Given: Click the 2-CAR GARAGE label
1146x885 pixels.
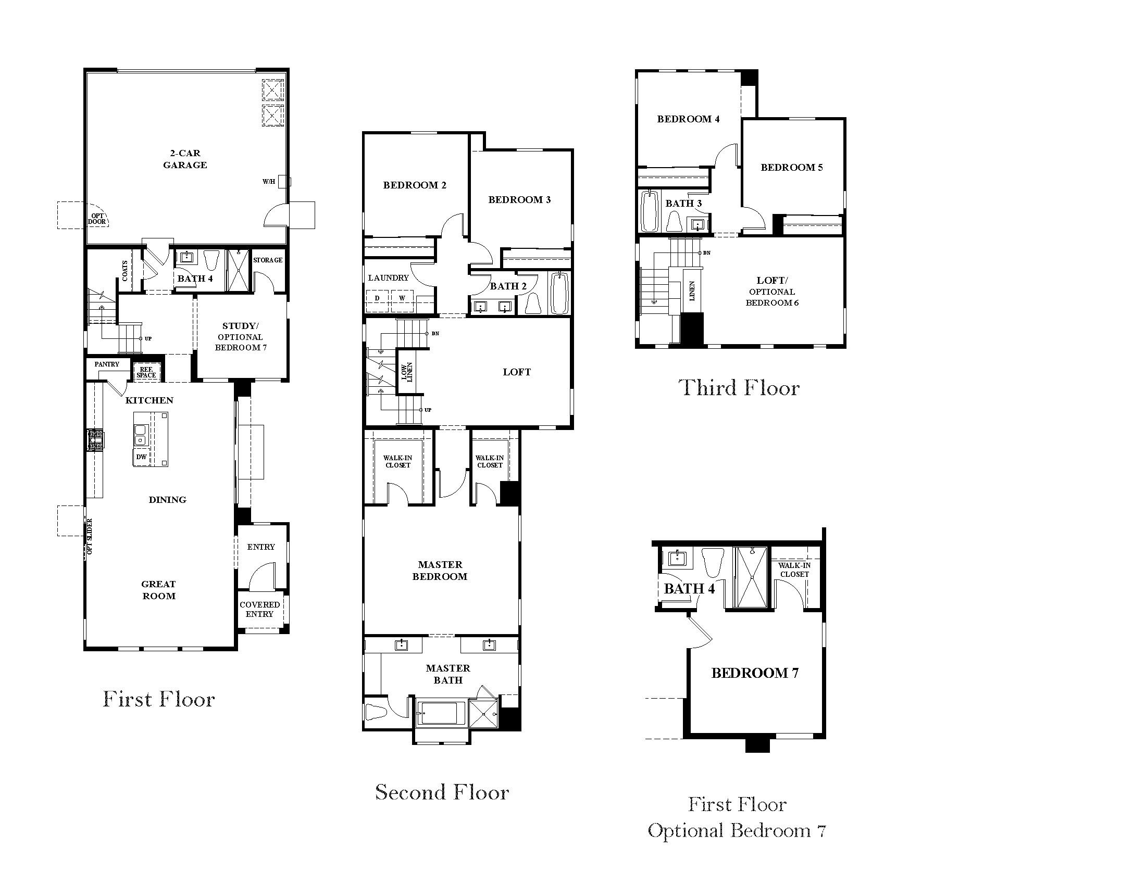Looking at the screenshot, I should [x=185, y=159].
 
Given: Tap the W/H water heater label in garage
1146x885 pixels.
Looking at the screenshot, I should [x=269, y=182].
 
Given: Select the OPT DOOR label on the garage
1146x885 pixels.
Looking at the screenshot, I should [x=97, y=219].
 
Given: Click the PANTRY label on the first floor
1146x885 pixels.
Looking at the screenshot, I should [x=106, y=364].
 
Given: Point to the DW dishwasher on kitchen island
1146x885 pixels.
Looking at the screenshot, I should [x=141, y=457].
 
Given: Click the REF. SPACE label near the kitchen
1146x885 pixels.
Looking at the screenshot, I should [x=146, y=372].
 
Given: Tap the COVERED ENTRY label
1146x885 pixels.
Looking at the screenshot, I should [x=259, y=609].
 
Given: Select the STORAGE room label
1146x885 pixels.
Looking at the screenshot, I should [x=268, y=260].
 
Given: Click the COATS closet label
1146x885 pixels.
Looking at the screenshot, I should [x=125, y=271].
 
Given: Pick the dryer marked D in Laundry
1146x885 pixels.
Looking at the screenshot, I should [x=377, y=298].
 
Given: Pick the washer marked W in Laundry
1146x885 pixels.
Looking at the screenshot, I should [x=402, y=298].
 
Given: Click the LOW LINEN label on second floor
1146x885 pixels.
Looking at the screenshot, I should [x=407, y=372].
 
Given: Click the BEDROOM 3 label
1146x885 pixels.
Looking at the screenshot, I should [x=519, y=200].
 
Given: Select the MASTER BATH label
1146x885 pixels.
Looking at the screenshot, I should [x=447, y=674].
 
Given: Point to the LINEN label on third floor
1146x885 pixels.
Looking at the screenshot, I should [x=692, y=290].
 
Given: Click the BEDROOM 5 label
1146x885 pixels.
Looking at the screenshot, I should [x=791, y=168].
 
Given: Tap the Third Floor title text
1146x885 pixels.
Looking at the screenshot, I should [x=739, y=388].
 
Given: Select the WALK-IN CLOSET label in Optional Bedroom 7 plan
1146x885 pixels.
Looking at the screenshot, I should [x=794, y=570].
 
